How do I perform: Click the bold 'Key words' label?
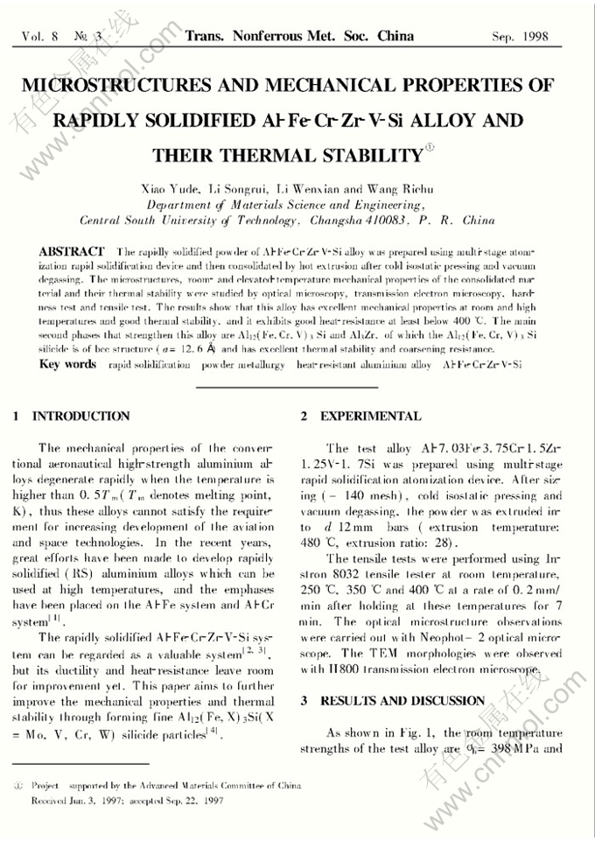pyautogui.click(x=67, y=363)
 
